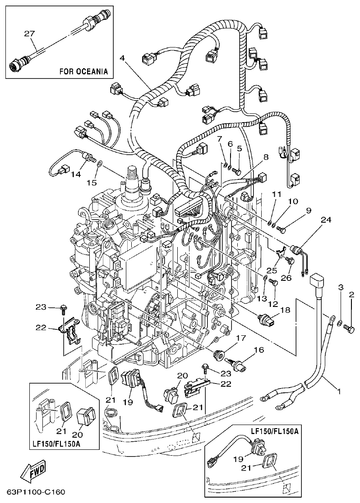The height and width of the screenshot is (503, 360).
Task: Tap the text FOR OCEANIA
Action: (x=84, y=71)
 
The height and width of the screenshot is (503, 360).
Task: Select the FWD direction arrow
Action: (x=33, y=473)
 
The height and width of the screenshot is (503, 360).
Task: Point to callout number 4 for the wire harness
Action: (x=123, y=57)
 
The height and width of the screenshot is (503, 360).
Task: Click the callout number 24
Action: (x=326, y=220)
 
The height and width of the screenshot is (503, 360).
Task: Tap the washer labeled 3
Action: (x=338, y=321)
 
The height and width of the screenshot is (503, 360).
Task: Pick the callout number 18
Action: (x=285, y=310)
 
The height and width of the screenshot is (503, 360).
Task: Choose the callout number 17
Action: (x=240, y=338)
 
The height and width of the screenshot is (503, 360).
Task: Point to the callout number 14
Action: (x=76, y=174)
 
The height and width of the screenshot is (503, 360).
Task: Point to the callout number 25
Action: (x=271, y=270)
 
